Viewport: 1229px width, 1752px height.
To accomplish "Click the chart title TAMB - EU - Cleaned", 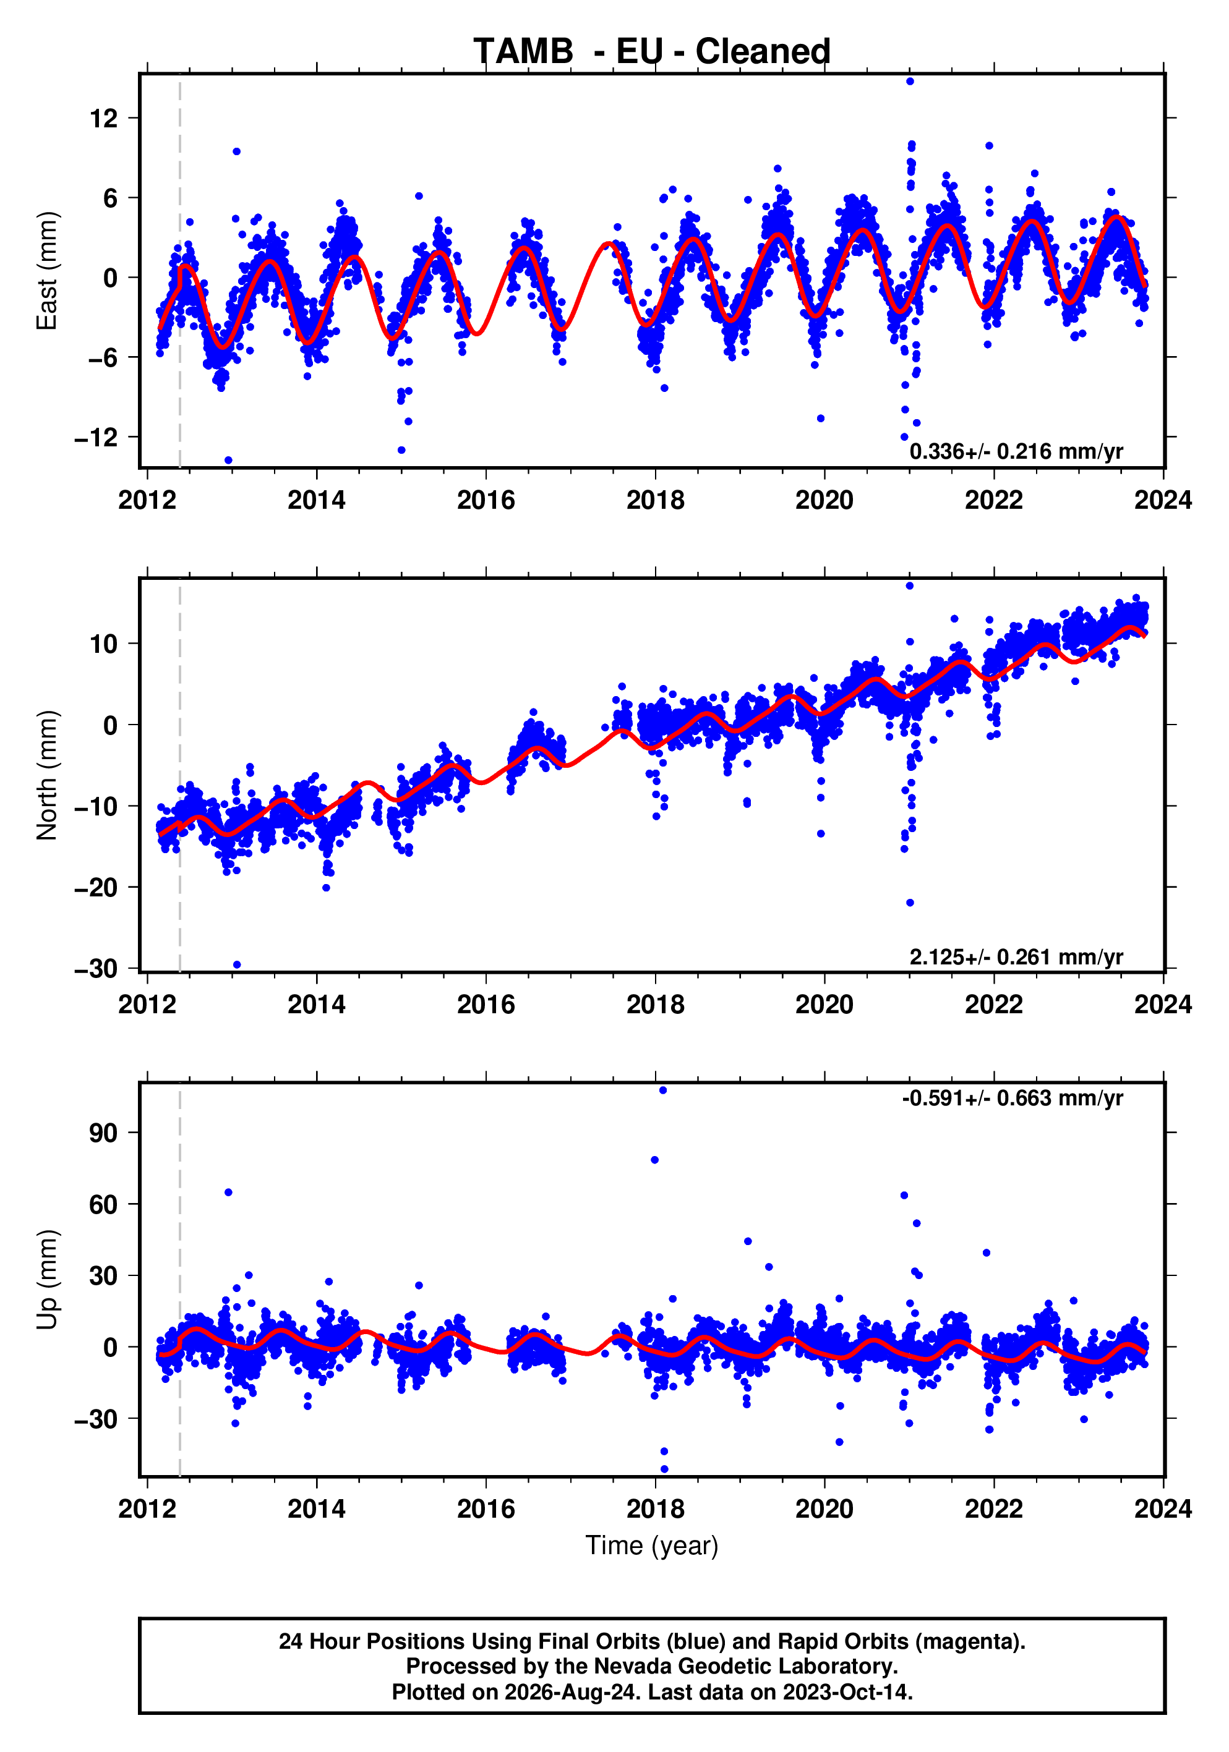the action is tap(652, 51).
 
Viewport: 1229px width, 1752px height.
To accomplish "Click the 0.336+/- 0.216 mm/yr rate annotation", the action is tap(1016, 452).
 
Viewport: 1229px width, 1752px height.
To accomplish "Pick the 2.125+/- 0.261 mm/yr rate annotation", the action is tap(1016, 957).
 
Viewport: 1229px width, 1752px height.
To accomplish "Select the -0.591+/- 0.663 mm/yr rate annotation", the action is tap(1012, 1098).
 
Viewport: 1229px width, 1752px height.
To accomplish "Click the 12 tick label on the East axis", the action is tap(104, 118).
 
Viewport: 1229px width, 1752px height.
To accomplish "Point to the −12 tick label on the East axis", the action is tap(96, 437).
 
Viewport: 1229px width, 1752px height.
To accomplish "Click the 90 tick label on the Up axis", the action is tap(104, 1133).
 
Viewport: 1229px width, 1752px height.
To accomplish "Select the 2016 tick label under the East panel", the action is tap(486, 501).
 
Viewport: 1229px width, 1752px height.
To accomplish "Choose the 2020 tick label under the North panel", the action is tap(824, 1005).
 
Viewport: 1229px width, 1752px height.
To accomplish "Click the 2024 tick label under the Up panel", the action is tap(1163, 1509).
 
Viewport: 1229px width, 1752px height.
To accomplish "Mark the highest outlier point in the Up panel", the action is tap(662, 1091).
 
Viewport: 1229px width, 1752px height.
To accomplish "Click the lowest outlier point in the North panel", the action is tap(237, 964).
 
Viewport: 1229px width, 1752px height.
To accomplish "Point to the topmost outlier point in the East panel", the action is tap(910, 81).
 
